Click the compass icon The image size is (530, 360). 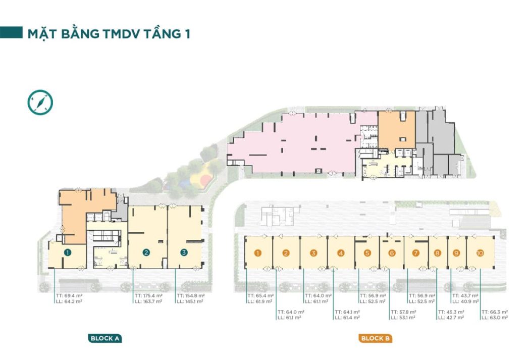pyautogui.click(x=40, y=102)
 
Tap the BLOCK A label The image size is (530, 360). pyautogui.click(x=105, y=338)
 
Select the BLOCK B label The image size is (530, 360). pyautogui.click(x=375, y=338)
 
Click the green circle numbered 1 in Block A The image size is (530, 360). pyautogui.click(x=68, y=252)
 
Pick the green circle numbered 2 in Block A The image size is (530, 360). pyautogui.click(x=146, y=252)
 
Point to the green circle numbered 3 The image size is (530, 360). pyautogui.click(x=184, y=252)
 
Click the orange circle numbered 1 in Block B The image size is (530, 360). pyautogui.click(x=258, y=253)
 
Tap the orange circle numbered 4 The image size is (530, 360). pyautogui.click(x=341, y=253)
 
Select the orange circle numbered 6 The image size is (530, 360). pyautogui.click(x=392, y=253)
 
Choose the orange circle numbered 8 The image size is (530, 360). pyautogui.click(x=438, y=253)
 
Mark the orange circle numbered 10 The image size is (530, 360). pyautogui.click(x=480, y=253)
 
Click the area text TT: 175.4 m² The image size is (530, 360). pyautogui.click(x=148, y=296)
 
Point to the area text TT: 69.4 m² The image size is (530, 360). pyautogui.click(x=69, y=296)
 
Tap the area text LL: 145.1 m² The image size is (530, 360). pyautogui.click(x=190, y=301)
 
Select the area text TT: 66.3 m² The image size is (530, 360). pyautogui.click(x=495, y=312)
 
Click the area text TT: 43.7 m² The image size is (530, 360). pyautogui.click(x=465, y=296)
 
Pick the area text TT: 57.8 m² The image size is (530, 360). pyautogui.click(x=404, y=312)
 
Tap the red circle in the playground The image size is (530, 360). pyautogui.click(x=204, y=180)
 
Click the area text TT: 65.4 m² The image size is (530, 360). pyautogui.click(x=260, y=296)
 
